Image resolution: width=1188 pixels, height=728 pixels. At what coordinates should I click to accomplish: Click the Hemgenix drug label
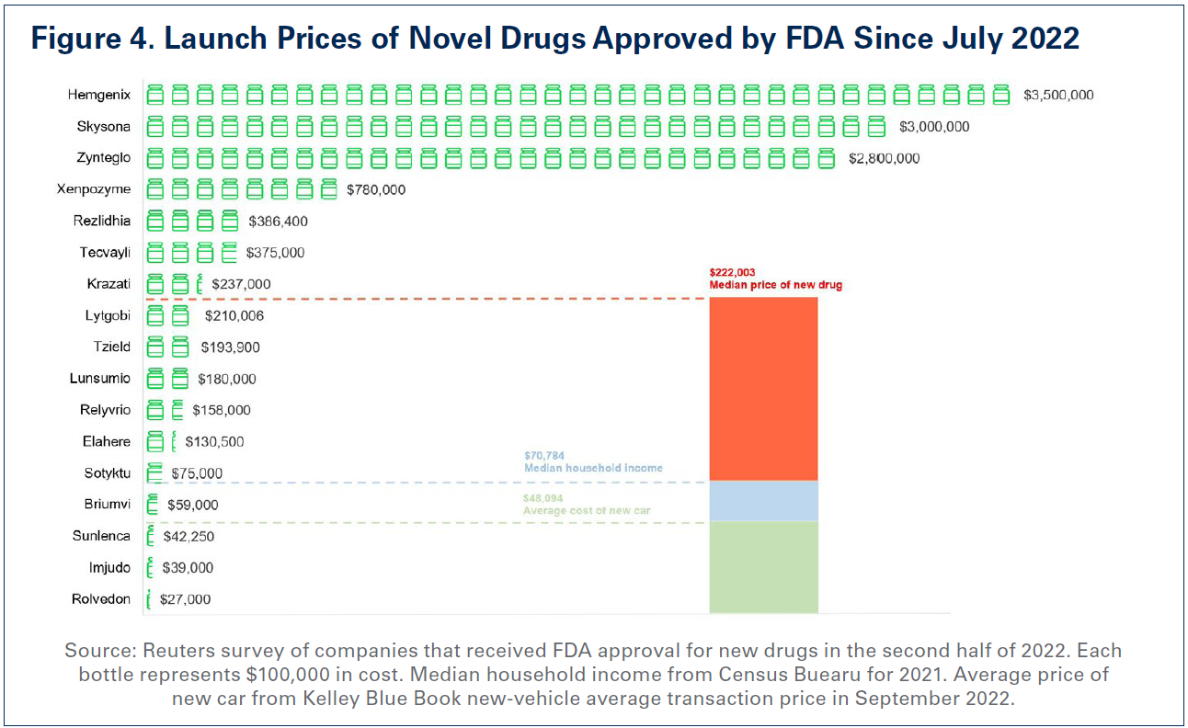pyautogui.click(x=99, y=95)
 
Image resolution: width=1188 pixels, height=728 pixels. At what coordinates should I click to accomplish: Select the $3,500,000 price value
pyautogui.click(x=1058, y=95)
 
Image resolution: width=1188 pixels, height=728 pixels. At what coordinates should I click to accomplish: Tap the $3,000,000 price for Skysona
pyautogui.click(x=934, y=127)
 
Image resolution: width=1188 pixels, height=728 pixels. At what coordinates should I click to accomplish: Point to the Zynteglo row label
pyautogui.click(x=104, y=158)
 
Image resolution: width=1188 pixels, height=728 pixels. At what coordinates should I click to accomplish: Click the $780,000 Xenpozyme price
pyautogui.click(x=375, y=190)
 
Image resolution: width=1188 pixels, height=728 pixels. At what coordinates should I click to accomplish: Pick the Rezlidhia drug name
pyautogui.click(x=102, y=221)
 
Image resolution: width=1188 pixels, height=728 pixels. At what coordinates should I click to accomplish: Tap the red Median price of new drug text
pyautogui.click(x=774, y=285)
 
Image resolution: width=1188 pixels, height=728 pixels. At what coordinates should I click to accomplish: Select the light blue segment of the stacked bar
pyautogui.click(x=763, y=501)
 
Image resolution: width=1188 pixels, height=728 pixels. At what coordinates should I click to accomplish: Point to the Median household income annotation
pyautogui.click(x=593, y=468)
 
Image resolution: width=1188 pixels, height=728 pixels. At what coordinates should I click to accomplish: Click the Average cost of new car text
pyautogui.click(x=588, y=510)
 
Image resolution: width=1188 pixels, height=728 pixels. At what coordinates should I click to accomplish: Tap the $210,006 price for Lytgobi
pyautogui.click(x=234, y=315)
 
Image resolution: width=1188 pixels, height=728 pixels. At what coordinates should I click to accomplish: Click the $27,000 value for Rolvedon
pyautogui.click(x=185, y=599)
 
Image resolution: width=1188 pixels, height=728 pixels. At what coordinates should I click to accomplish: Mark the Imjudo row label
pyautogui.click(x=109, y=567)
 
